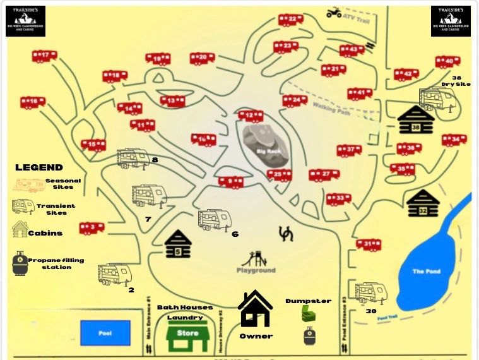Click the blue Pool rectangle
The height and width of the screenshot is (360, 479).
(x=105, y=333)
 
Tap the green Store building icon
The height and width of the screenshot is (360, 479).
(x=187, y=335)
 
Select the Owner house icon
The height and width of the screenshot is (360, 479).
(x=255, y=308)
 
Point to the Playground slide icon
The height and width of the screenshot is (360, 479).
(x=252, y=258)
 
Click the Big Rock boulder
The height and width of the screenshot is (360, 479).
(x=268, y=145)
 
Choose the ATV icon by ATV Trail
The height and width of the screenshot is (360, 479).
(x=334, y=12)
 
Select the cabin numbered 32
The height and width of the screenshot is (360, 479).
(x=423, y=204)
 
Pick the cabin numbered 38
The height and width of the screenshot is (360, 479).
(x=415, y=120)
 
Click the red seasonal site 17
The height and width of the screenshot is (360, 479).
(x=44, y=56)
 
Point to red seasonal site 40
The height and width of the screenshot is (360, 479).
(x=447, y=61)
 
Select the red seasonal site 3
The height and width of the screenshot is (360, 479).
(x=92, y=227)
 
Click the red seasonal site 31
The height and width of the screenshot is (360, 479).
(x=369, y=244)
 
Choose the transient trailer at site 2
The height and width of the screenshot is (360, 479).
(x=114, y=273)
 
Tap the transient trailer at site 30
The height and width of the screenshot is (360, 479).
(x=370, y=292)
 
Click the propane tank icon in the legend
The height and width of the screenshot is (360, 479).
(x=21, y=263)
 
